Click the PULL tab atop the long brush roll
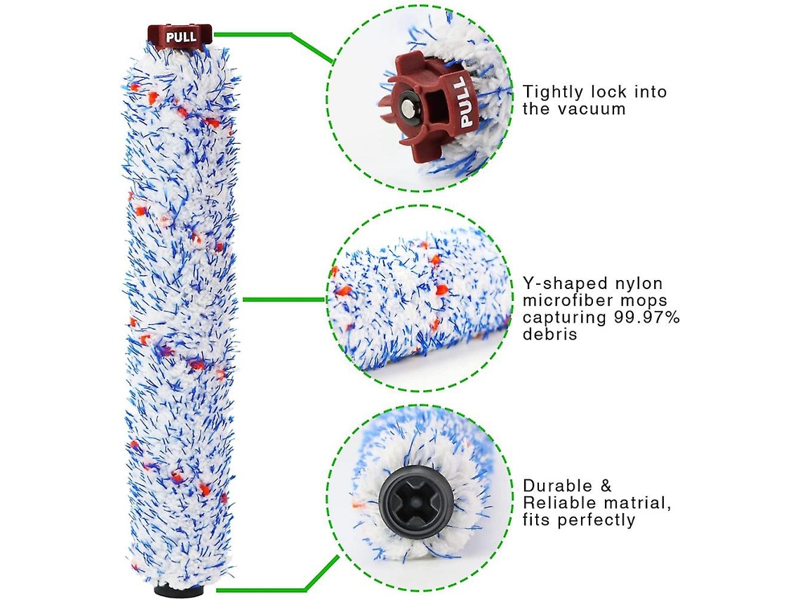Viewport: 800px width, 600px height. coord(180,36)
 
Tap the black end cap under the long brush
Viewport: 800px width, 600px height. coord(180,592)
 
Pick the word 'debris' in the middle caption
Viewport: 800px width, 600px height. coord(550,335)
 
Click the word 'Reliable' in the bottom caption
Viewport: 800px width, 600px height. coord(559,503)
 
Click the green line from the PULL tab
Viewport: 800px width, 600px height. coord(267,34)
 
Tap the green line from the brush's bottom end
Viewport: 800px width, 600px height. coord(267,589)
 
